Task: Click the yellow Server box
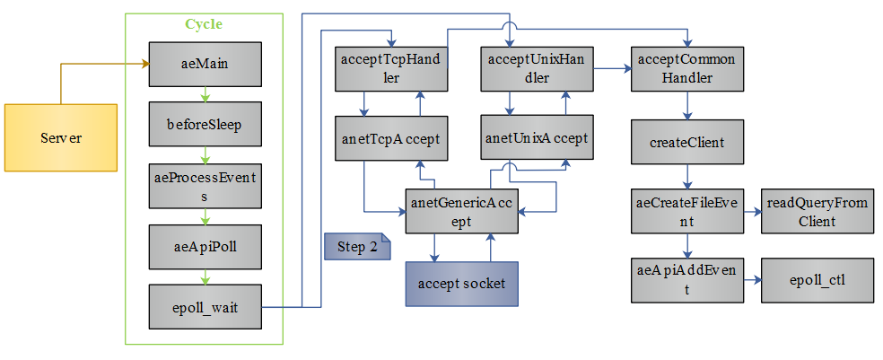pyautogui.click(x=61, y=137)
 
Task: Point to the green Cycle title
pyautogui.click(x=204, y=24)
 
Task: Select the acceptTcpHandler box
pyautogui.click(x=391, y=69)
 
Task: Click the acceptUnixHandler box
pyautogui.click(x=535, y=69)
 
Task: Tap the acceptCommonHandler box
pyautogui.click(x=686, y=69)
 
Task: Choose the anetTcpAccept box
pyautogui.click(x=391, y=138)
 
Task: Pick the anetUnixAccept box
pyautogui.click(x=536, y=138)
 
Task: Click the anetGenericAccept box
pyautogui.click(x=461, y=213)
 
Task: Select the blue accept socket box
pyautogui.click(x=461, y=283)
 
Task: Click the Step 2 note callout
pyautogui.click(x=357, y=247)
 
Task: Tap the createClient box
pyautogui.click(x=686, y=142)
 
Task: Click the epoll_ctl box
pyautogui.click(x=817, y=279)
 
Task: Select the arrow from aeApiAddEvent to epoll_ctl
pyautogui.click(x=752, y=279)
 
